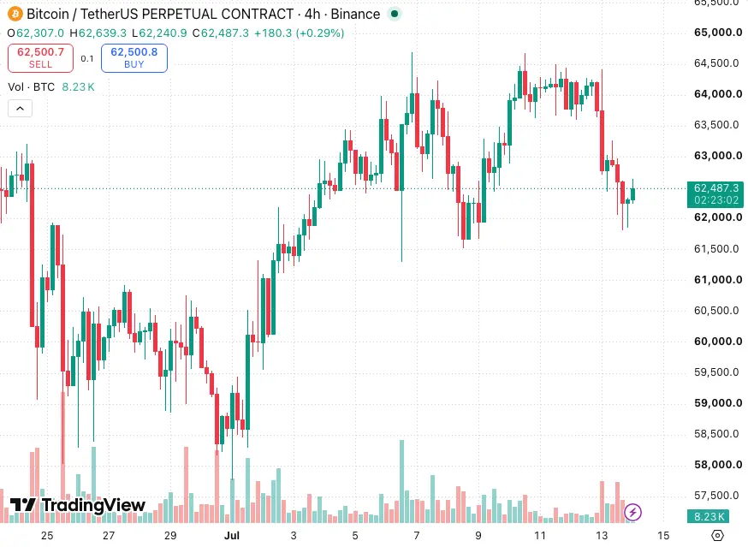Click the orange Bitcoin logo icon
(15, 14)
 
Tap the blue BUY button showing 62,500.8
(134, 58)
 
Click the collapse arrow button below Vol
(20, 109)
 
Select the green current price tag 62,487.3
(715, 194)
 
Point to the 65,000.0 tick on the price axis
(718, 33)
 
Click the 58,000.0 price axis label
(718, 465)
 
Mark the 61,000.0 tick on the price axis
(718, 280)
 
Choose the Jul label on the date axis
(232, 536)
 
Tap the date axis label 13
(602, 536)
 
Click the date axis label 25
(47, 536)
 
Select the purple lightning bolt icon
(633, 513)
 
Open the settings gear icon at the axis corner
(717, 536)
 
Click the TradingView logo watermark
(78, 505)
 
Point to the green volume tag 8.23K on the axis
(709, 516)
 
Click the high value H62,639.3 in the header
(98, 33)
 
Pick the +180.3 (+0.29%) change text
(299, 33)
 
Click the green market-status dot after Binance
(395, 14)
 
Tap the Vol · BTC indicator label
(32, 86)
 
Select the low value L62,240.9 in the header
(159, 33)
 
